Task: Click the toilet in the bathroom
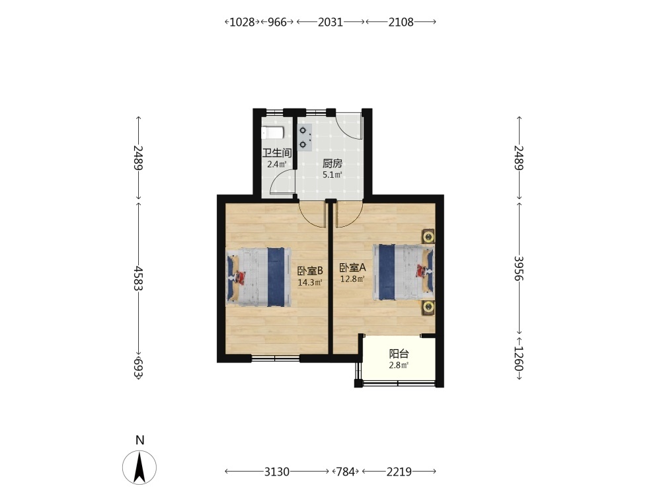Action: (272, 134)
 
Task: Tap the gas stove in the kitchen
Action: (304, 138)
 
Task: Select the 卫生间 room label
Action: (277, 153)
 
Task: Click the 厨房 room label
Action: (332, 163)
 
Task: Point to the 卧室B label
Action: (310, 270)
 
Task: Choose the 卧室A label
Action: (352, 267)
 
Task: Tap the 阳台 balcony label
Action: (399, 354)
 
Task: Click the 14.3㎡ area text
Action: (310, 282)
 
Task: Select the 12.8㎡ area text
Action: (352, 279)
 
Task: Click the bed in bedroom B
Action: (259, 276)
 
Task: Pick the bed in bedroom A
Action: (403, 272)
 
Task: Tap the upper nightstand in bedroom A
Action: (428, 237)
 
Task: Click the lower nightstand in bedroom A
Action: (428, 307)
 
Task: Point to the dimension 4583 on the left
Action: (138, 278)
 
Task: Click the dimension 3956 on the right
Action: (519, 269)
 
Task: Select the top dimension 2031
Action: (330, 22)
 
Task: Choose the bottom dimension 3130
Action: (277, 471)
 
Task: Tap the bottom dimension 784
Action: (345, 471)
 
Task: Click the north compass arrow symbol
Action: (139, 467)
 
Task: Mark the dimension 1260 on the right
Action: (519, 359)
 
